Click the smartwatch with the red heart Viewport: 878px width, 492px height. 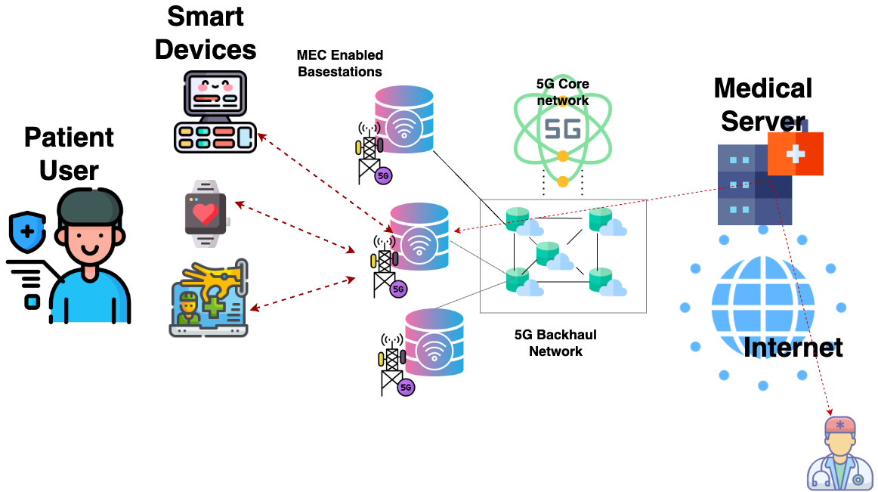pos(206,214)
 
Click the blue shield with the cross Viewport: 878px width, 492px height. pos(28,231)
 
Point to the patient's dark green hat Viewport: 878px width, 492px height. pos(90,207)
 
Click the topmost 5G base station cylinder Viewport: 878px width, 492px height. pos(404,119)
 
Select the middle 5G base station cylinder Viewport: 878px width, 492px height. pos(419,237)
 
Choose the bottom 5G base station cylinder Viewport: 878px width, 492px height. pos(434,342)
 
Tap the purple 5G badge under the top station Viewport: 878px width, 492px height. pos(383,176)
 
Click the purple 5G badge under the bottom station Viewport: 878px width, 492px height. pos(406,388)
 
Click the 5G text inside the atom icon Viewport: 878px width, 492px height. pos(563,128)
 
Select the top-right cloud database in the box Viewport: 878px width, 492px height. pos(607,221)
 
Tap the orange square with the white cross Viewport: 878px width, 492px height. pos(795,153)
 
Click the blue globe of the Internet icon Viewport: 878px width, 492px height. pos(762,307)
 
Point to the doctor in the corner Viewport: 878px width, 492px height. pos(839,454)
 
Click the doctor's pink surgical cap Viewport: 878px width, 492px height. pos(839,425)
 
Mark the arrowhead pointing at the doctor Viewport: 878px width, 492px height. pos(830,412)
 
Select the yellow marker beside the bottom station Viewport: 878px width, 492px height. pos(381,359)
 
